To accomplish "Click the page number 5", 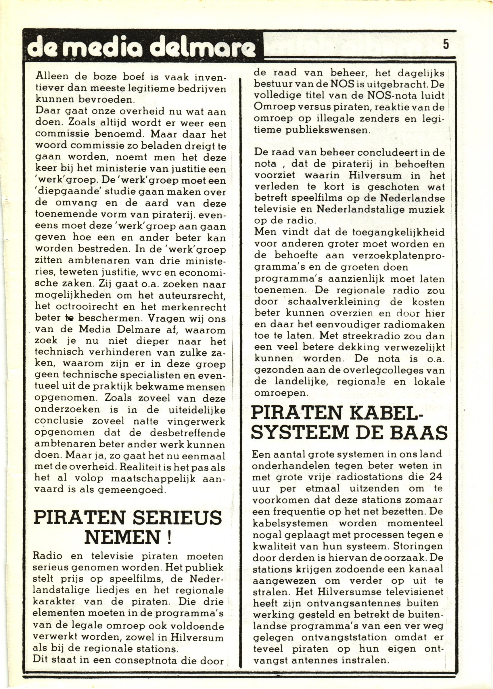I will (x=446, y=44).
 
